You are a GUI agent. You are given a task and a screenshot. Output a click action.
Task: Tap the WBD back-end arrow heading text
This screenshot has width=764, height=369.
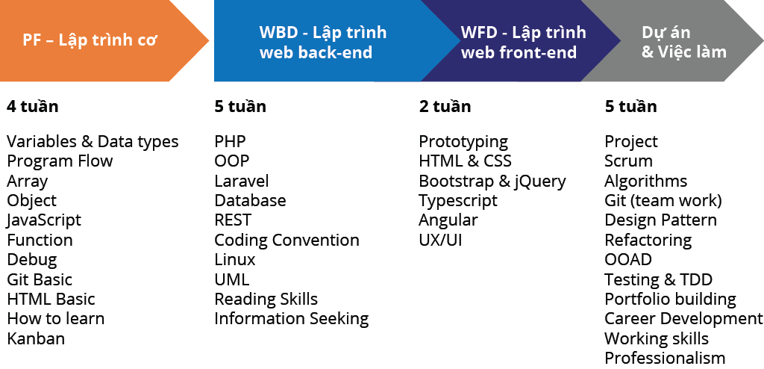point(323,42)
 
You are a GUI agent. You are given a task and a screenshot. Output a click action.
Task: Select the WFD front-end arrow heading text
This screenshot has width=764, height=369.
point(523,42)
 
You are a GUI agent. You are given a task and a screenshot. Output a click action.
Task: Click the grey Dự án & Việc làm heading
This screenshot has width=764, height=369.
point(683,42)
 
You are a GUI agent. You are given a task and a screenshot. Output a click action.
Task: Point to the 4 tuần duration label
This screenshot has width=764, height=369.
point(33,106)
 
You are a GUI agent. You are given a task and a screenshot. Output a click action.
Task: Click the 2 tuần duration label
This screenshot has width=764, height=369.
point(445,106)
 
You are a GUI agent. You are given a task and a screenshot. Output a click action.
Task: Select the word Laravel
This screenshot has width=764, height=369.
point(242,181)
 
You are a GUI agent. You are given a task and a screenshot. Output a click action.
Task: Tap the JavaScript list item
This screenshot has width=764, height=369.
point(44,220)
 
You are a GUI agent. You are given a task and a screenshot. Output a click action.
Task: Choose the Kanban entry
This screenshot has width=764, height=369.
point(36,338)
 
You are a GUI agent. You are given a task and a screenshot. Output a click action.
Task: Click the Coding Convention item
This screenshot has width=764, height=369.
point(287,240)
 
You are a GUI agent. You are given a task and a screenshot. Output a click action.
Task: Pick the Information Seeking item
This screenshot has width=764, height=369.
point(292,319)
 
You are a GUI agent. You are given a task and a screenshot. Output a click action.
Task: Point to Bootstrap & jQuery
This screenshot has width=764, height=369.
point(492,182)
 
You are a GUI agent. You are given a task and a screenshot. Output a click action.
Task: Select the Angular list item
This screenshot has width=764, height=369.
point(448,220)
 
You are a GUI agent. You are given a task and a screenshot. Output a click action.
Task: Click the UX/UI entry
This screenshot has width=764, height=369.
point(440,240)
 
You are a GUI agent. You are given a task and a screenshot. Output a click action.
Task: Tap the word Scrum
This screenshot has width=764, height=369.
point(628,161)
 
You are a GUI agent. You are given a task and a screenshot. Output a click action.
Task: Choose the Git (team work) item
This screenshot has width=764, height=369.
point(663,201)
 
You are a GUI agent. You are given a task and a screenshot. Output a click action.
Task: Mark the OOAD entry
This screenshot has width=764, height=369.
point(628,260)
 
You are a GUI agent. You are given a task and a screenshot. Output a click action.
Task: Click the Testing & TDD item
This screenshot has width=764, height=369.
point(659,279)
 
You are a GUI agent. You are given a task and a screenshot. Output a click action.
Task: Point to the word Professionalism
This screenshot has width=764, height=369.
point(665,358)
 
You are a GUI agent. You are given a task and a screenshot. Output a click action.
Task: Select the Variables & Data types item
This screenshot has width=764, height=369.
point(93,142)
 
